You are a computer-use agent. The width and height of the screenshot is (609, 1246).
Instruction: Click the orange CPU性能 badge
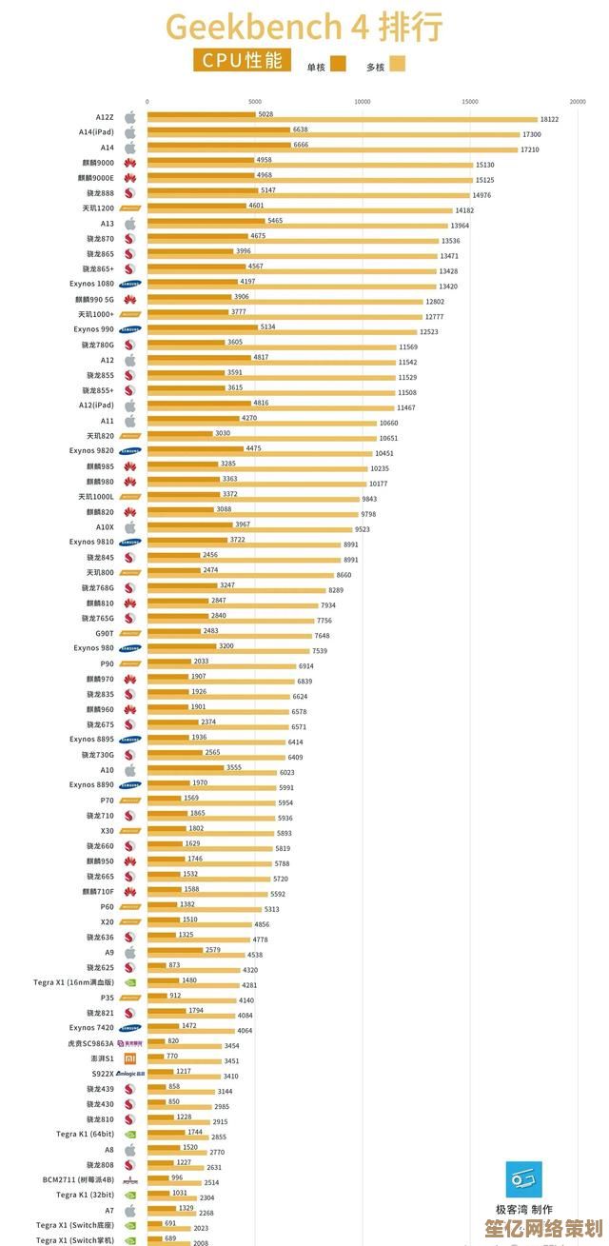tap(243, 62)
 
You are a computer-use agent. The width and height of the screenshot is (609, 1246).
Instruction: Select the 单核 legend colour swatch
tap(338, 65)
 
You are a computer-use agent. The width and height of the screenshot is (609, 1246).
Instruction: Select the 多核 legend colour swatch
tap(397, 65)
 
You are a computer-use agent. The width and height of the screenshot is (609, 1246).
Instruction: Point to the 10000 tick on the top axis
tap(363, 101)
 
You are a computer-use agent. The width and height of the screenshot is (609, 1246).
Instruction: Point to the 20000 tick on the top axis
tap(578, 101)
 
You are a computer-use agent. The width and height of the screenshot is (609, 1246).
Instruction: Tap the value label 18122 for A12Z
tap(549, 119)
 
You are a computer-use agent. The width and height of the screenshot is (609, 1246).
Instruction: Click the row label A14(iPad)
tap(96, 132)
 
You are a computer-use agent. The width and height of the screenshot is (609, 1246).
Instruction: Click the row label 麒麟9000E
tap(97, 178)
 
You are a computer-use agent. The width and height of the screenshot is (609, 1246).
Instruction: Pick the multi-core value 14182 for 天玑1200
tap(464, 210)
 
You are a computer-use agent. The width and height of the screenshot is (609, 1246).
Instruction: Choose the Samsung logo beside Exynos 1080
tap(130, 284)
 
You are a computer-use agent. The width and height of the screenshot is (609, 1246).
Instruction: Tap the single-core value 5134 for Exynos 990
tap(267, 326)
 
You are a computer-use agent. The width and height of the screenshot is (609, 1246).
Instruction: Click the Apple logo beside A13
tap(130, 224)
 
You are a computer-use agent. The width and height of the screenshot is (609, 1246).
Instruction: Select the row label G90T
tap(105, 633)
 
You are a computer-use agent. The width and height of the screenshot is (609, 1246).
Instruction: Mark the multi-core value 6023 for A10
tap(286, 772)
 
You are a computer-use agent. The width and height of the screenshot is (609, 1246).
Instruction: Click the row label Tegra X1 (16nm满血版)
tap(73, 982)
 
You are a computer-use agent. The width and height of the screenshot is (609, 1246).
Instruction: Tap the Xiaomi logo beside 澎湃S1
tap(130, 1058)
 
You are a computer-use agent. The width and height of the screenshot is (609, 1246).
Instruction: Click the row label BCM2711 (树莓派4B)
tap(78, 1179)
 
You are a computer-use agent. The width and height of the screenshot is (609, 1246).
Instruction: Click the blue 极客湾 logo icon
tap(522, 1178)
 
